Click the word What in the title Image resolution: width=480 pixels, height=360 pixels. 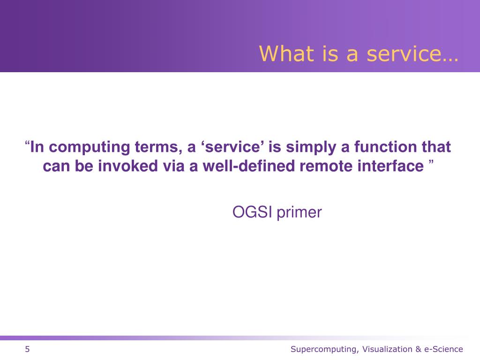pyautogui.click(x=286, y=53)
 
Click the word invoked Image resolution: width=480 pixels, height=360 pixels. pyautogui.click(x=127, y=166)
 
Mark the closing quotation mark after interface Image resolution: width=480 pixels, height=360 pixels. pyautogui.click(x=431, y=162)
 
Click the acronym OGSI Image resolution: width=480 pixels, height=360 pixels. pyautogui.click(x=252, y=212)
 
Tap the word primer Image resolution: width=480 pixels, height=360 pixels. pyautogui.click(x=299, y=213)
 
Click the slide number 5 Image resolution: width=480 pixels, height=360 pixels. pyautogui.click(x=27, y=349)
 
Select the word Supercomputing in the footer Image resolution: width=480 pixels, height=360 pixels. pyautogui.click(x=324, y=349)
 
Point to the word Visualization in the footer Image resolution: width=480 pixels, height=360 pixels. pyautogui.click(x=387, y=349)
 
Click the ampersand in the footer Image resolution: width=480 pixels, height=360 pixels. pyautogui.click(x=418, y=349)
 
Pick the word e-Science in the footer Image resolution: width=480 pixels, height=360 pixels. pyautogui.click(x=443, y=349)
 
